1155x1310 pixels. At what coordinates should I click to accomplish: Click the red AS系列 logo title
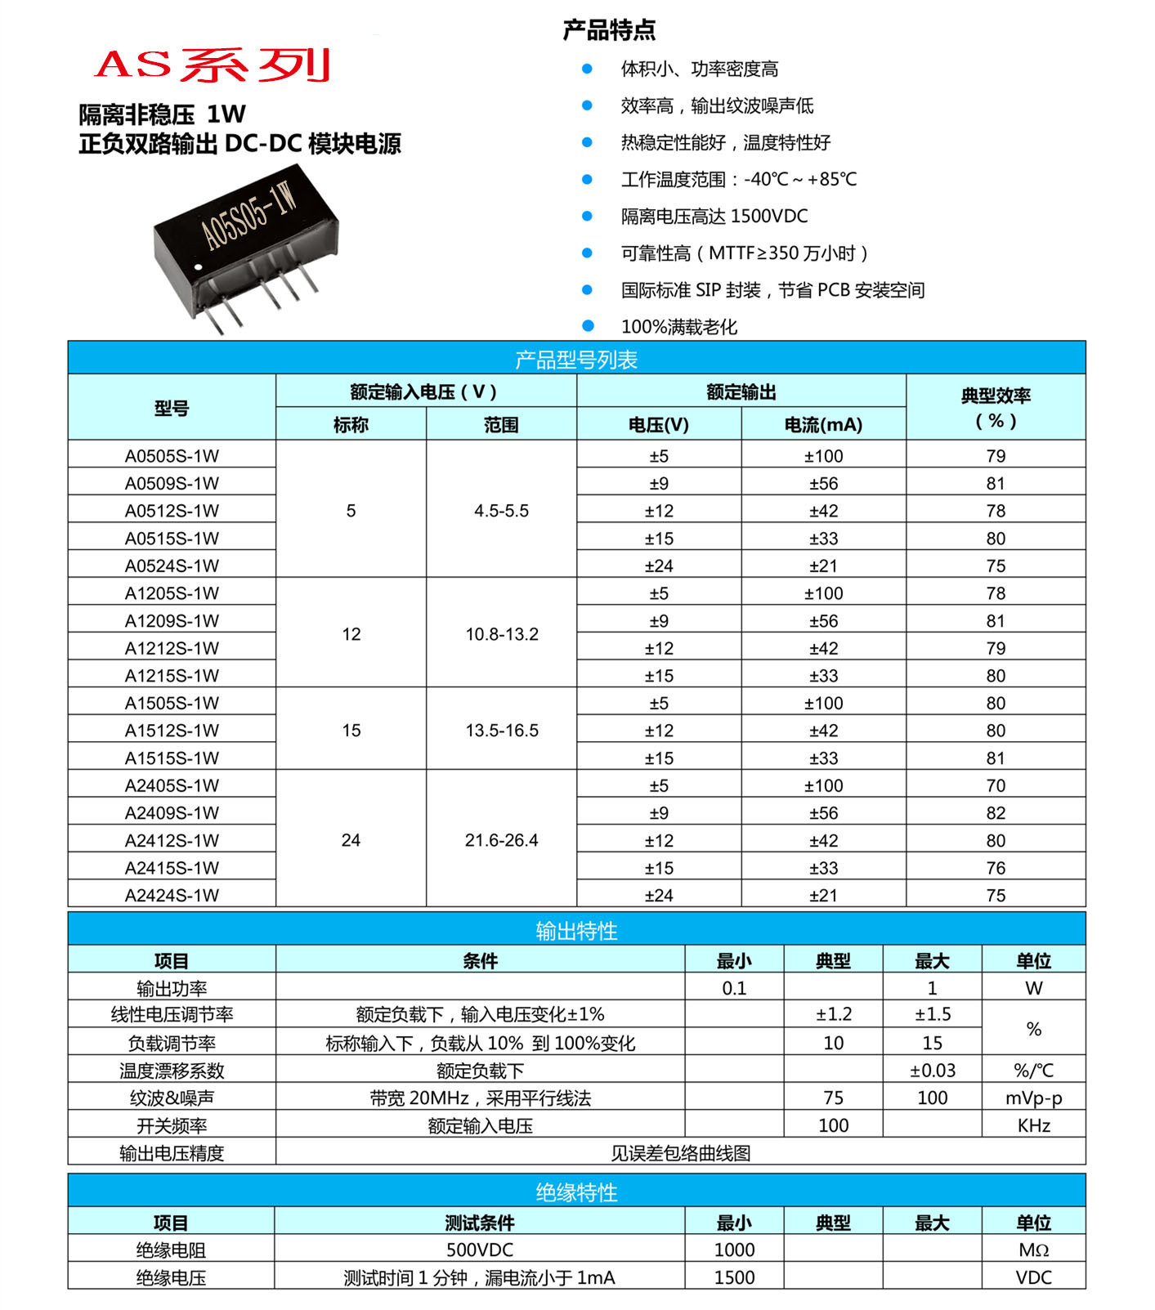coord(213,65)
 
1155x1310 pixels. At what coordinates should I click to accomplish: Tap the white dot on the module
coord(196,267)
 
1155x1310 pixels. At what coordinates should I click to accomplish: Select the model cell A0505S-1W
coord(172,456)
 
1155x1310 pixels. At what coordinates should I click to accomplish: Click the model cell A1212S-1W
coord(172,648)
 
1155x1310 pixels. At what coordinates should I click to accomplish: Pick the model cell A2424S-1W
coord(172,895)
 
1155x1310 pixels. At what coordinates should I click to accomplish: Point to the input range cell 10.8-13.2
coord(502,634)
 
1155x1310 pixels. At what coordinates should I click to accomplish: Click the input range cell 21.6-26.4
coord(502,840)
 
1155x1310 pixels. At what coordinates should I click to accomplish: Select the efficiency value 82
coord(996,813)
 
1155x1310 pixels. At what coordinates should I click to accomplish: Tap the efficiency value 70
coord(996,785)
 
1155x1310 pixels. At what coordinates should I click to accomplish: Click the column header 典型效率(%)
coord(996,408)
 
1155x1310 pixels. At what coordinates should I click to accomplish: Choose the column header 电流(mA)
coord(823,425)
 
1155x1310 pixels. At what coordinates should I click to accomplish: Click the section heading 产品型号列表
coord(576,360)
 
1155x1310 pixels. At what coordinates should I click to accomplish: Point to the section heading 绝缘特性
coord(576,1192)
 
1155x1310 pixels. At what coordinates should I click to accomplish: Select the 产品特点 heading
coord(609,31)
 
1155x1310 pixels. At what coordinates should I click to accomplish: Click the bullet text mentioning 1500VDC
coord(714,217)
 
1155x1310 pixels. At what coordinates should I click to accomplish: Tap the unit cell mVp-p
coord(1033,1098)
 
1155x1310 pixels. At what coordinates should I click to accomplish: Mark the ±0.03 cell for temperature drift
coord(932,1071)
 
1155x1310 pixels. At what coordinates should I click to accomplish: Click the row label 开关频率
coord(172,1125)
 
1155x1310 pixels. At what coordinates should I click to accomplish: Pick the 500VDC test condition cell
coord(480,1250)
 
